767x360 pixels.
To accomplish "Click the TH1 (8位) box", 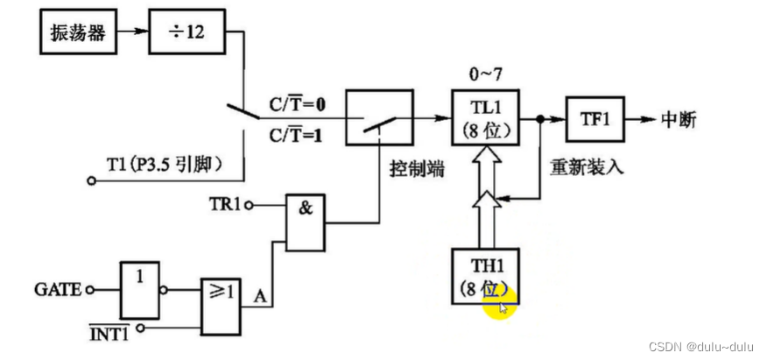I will (484, 276).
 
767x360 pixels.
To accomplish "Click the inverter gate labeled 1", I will (140, 287).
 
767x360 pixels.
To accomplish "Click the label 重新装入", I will (586, 167).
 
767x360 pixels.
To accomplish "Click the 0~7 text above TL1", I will (484, 73).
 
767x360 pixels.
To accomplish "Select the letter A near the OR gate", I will (259, 296).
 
